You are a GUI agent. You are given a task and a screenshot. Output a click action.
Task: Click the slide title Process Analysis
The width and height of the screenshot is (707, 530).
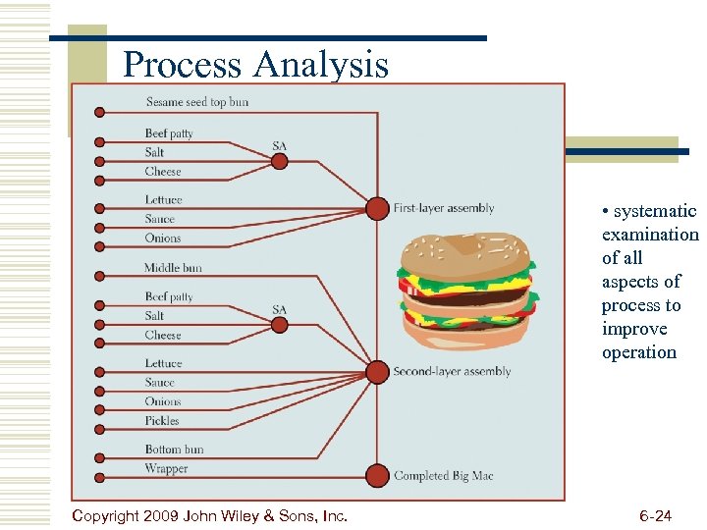(255, 65)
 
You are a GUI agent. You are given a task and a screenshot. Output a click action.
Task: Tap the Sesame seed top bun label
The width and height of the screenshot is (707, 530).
(197, 102)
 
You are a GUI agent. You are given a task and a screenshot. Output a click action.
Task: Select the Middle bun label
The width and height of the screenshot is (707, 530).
(173, 267)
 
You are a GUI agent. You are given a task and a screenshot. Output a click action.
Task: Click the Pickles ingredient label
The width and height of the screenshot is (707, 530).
(162, 420)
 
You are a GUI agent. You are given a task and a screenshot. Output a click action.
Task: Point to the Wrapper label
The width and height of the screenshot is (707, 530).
(166, 468)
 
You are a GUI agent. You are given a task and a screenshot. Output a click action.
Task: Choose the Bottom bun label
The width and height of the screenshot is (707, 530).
(174, 450)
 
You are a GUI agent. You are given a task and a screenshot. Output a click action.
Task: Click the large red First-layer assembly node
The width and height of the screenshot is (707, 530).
(377, 208)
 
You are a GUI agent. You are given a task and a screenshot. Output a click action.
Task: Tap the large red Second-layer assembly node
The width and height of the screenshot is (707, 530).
(377, 372)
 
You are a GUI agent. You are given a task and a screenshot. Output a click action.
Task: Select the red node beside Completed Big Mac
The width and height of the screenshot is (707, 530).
(377, 476)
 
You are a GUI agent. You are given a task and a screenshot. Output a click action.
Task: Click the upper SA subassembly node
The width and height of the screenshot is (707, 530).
(280, 161)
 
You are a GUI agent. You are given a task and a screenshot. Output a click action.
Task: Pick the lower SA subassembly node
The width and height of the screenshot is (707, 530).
(280, 325)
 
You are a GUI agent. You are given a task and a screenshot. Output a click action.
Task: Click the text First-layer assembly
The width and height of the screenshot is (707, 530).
(444, 208)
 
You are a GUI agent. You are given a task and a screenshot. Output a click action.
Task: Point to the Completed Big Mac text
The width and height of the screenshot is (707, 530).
(444, 476)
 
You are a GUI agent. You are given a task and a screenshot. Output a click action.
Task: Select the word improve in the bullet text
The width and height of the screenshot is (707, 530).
(634, 329)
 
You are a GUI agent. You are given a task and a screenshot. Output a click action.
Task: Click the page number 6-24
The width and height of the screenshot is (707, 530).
(655, 515)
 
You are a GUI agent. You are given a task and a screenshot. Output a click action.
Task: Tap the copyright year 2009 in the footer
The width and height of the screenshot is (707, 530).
(161, 515)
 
